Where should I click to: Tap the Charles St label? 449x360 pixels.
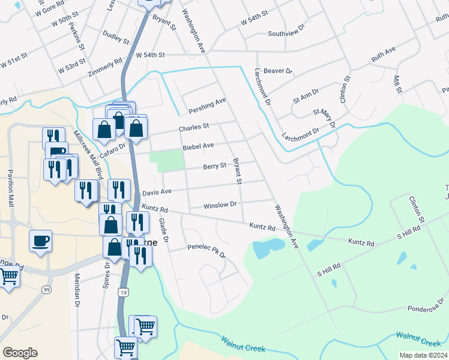[x=194, y=127]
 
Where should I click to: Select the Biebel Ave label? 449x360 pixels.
[x=198, y=146]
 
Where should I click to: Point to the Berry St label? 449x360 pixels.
[x=214, y=166]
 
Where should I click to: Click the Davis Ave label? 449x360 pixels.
[x=157, y=191]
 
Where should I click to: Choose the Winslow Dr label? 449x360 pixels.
[x=220, y=205]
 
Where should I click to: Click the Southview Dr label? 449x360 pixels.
[x=287, y=34]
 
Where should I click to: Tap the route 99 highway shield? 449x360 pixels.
[x=46, y=290]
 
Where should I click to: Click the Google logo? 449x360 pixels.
[x=20, y=353]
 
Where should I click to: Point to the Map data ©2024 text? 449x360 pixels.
[x=423, y=355]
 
